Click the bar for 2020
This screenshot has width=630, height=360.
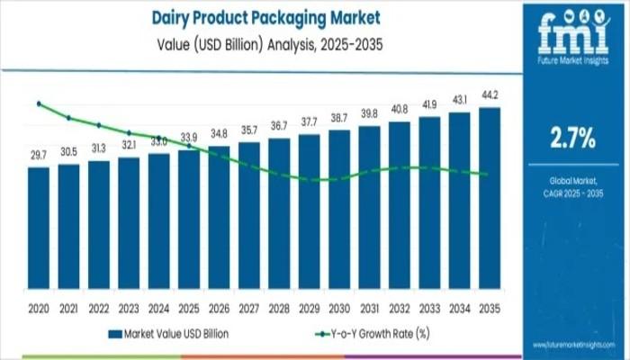(39, 229)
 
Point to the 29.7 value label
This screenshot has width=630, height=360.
(39, 156)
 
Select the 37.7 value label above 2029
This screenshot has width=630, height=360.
(310, 122)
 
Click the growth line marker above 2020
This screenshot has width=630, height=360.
(39, 103)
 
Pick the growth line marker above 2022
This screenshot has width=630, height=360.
(99, 125)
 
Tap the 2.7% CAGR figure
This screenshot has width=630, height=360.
(572, 137)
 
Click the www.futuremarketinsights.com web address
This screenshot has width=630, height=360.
(572, 345)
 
